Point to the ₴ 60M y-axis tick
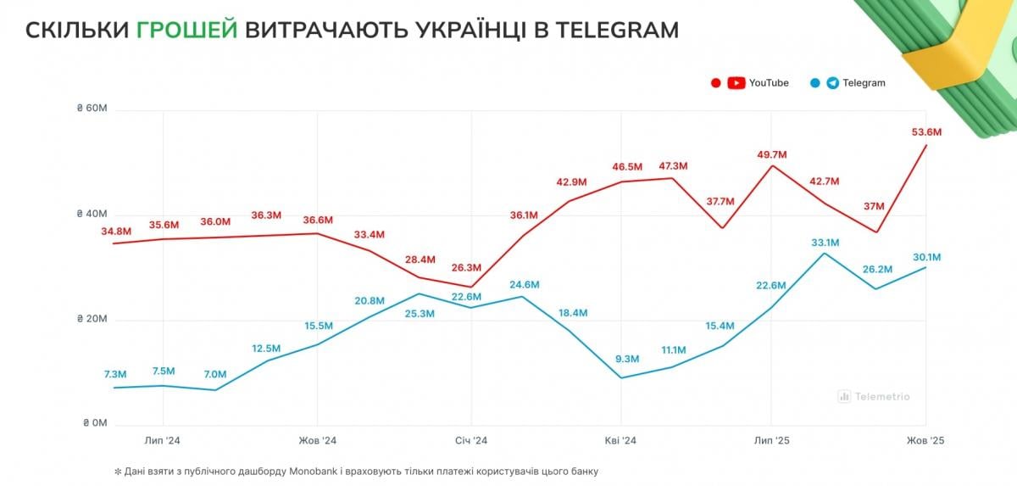pyautogui.click(x=91, y=109)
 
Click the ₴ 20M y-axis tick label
pyautogui.click(x=91, y=320)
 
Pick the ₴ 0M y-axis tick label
pyautogui.click(x=93, y=423)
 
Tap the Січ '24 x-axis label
pyautogui.click(x=470, y=441)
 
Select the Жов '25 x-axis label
pyautogui.click(x=925, y=441)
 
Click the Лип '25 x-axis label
pyautogui.click(x=771, y=441)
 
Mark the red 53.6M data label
pyautogui.click(x=926, y=132)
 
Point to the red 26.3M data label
pyautogui.click(x=467, y=266)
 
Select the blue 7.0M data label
pyautogui.click(x=214, y=374)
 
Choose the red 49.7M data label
pyautogui.click(x=771, y=154)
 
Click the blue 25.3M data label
pyautogui.click(x=420, y=313)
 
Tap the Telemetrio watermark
pyautogui.click(x=874, y=396)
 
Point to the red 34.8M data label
pyautogui.click(x=116, y=232)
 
